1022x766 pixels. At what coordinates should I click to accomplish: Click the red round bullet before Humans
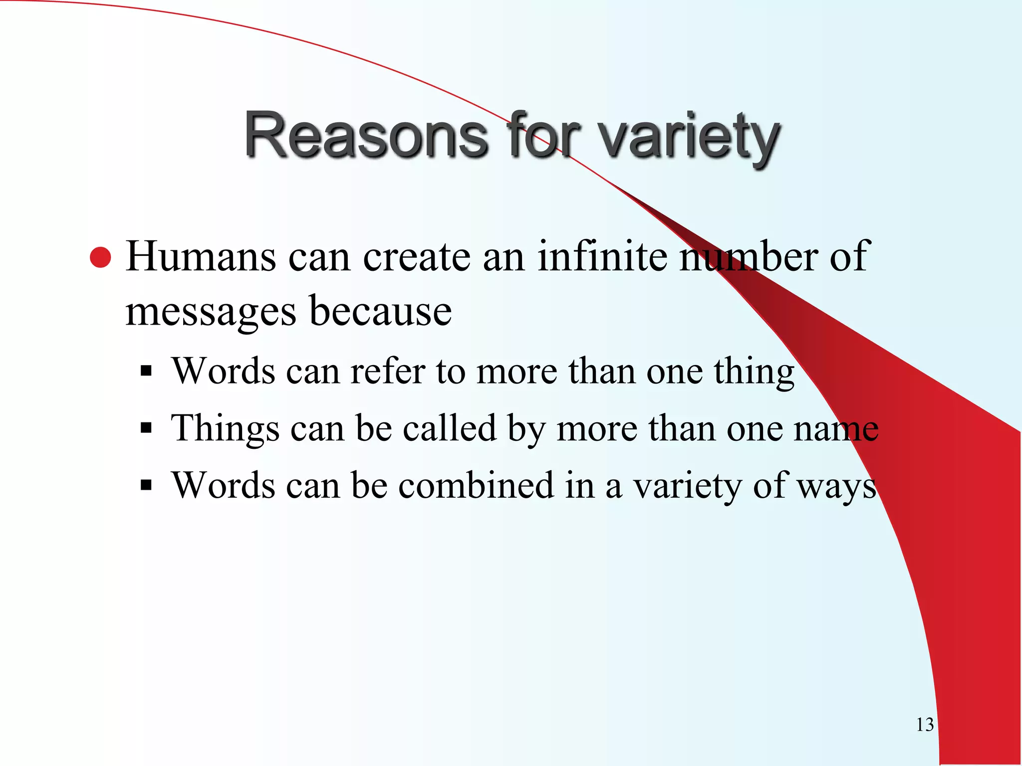coord(101,258)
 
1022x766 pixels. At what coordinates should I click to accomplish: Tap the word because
coord(380,311)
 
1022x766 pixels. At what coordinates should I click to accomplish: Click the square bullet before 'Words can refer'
coord(146,371)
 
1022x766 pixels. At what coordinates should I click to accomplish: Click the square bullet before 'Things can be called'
coord(146,428)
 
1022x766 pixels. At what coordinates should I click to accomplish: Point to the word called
coord(450,428)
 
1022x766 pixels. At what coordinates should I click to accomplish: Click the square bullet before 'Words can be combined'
coord(146,485)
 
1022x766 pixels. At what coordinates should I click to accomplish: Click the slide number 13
coord(925,725)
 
